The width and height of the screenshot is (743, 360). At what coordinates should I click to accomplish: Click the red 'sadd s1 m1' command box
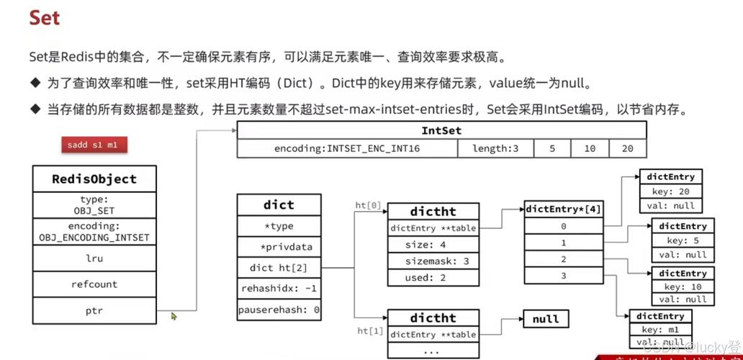click(x=92, y=145)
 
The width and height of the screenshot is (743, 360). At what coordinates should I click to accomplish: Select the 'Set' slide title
click(x=45, y=17)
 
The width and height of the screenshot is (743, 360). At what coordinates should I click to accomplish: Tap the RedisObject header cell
click(x=94, y=179)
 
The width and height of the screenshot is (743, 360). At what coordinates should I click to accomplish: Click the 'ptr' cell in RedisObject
click(x=94, y=312)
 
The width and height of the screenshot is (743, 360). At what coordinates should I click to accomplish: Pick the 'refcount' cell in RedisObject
click(x=94, y=284)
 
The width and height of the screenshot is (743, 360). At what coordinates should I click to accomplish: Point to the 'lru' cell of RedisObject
click(x=94, y=257)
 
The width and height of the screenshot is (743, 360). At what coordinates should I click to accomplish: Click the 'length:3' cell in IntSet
click(x=495, y=148)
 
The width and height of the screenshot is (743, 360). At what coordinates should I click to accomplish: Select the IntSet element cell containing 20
click(x=627, y=148)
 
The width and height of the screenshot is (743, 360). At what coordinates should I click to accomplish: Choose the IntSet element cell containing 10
click(x=590, y=148)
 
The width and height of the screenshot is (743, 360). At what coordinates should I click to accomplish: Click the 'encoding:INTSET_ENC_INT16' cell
click(x=347, y=148)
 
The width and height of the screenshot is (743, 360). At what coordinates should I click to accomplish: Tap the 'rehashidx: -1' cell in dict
click(x=279, y=289)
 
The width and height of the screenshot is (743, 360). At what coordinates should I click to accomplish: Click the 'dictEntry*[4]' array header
click(x=564, y=210)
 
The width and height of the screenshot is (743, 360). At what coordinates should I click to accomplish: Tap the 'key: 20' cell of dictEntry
click(x=670, y=191)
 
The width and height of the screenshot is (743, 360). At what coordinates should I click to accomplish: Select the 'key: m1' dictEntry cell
click(x=660, y=330)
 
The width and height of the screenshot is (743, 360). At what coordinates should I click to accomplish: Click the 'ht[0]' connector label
click(x=368, y=205)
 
